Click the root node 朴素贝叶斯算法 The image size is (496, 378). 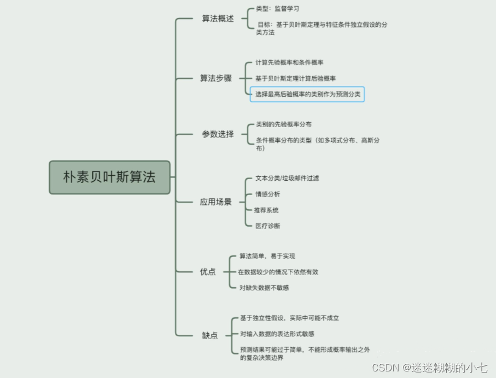click(x=109, y=177)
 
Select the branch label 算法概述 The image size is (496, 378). click(x=218, y=19)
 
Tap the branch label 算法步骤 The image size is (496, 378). click(x=215, y=78)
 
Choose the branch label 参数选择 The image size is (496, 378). click(x=218, y=134)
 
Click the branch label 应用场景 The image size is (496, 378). click(x=215, y=202)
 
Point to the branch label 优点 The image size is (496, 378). click(x=208, y=272)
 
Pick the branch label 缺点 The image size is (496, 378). click(x=209, y=335)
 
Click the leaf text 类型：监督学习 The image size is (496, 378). click(x=277, y=9)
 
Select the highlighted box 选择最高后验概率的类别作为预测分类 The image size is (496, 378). click(x=307, y=94)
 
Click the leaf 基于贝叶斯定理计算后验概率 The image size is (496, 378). click(x=295, y=78)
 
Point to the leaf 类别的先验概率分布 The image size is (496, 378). click(x=283, y=124)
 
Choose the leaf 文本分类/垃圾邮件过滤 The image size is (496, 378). click(x=287, y=179)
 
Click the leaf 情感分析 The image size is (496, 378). click(x=267, y=194)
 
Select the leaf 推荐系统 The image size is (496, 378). click(x=266, y=210)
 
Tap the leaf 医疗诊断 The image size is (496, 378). click(x=267, y=226)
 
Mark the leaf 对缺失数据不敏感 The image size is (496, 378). click(x=264, y=288)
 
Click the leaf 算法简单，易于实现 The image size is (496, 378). click(x=267, y=256)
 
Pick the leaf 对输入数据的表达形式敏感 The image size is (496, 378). click(x=277, y=334)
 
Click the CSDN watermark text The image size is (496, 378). click(x=429, y=368)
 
